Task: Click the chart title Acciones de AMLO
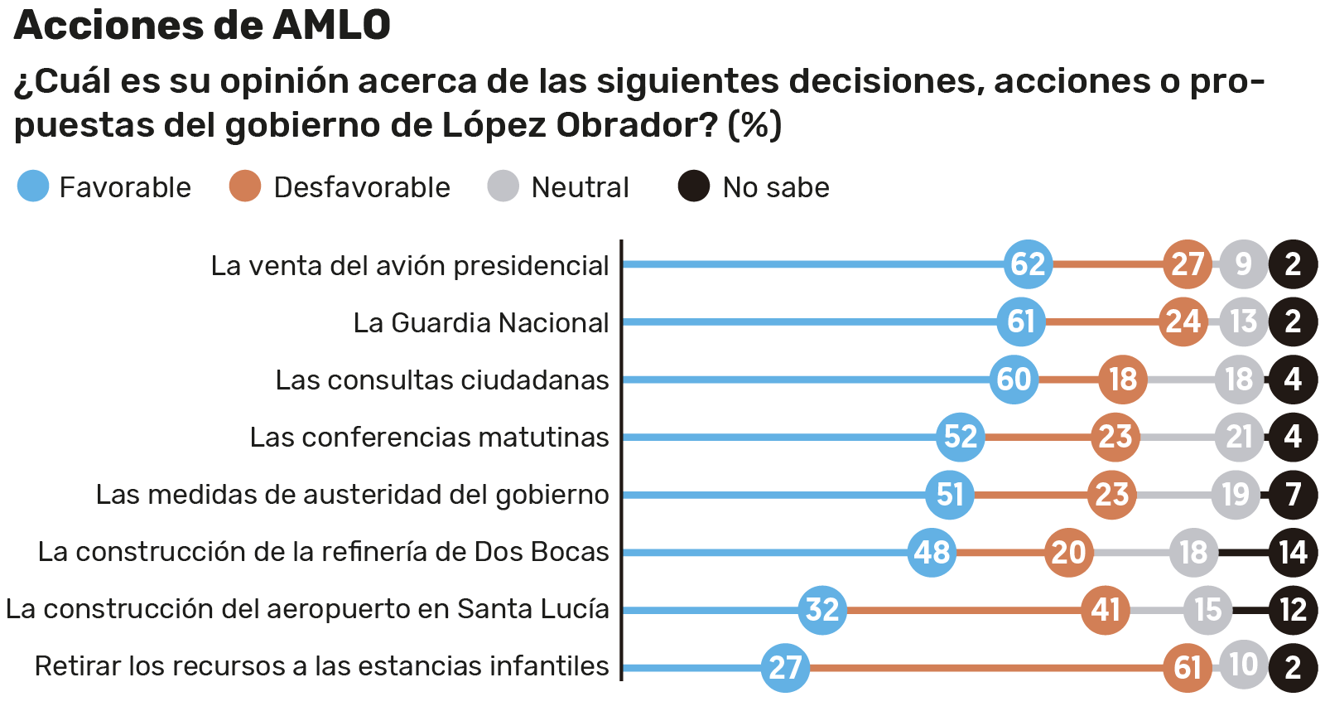coord(202,25)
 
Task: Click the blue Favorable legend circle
coord(33,186)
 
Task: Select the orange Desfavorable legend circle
coord(245,186)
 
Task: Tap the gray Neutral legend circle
coord(503,186)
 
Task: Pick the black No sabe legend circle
coord(694,186)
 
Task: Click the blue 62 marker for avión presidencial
coord(1028,264)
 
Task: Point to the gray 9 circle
coord(1243,264)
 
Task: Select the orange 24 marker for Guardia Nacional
coord(1183,322)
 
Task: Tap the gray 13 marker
coord(1243,322)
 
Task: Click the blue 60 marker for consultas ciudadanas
coord(1014,380)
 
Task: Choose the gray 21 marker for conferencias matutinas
coord(1239,437)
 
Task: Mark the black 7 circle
coord(1293,495)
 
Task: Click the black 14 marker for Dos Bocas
coord(1293,552)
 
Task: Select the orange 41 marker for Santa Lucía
coord(1105,610)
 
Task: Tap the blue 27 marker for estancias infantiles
coord(785,667)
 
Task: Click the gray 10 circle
coord(1243,664)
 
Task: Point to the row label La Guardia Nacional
coord(480,322)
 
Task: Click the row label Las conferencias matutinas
coord(429,437)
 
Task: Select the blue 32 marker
coord(822,610)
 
